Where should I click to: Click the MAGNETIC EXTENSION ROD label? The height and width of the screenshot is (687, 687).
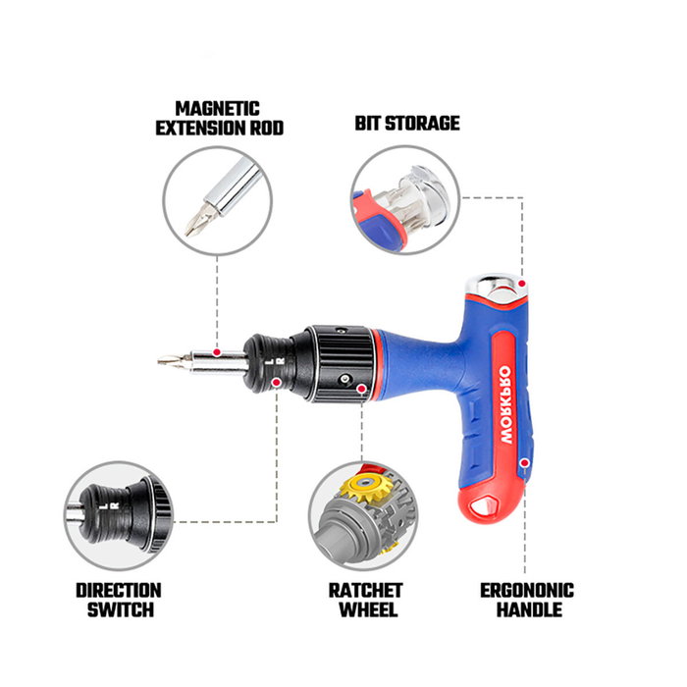click(x=220, y=119)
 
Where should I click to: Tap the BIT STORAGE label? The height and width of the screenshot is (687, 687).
click(x=407, y=123)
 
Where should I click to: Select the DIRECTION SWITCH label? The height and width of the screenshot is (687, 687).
click(x=119, y=600)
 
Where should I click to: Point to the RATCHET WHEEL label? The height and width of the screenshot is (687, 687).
click(x=366, y=600)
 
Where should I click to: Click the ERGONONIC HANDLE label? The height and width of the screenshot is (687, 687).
click(x=527, y=600)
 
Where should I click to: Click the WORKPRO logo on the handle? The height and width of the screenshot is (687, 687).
click(x=505, y=404)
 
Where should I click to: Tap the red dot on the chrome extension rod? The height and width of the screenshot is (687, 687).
click(x=217, y=351)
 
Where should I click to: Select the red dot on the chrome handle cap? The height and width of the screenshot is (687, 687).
click(x=522, y=284)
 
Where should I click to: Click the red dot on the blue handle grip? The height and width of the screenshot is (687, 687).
click(x=524, y=462)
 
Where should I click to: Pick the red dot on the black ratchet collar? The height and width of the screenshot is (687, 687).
click(x=361, y=389)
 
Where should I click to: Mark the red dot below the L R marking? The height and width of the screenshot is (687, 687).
click(x=277, y=382)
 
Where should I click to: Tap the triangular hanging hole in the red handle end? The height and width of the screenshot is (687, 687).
click(x=484, y=507)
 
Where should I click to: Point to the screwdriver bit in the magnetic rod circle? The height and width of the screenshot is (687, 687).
click(x=201, y=220)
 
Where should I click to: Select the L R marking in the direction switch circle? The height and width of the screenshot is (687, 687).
click(x=109, y=506)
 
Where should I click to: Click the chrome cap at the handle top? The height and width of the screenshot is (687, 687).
click(x=499, y=288)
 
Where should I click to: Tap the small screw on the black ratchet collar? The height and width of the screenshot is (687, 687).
click(x=346, y=379)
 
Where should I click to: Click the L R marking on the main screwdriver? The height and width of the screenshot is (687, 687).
click(x=276, y=361)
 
